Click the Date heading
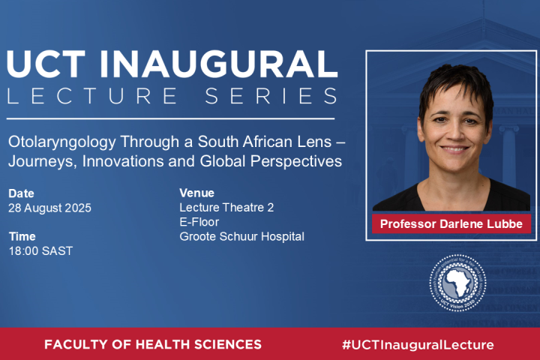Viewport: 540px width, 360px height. point(21,193)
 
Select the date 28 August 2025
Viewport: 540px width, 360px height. point(49,208)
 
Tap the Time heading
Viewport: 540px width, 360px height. point(22,236)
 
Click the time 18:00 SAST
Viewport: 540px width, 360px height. point(40,250)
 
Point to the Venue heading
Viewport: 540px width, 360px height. point(196,193)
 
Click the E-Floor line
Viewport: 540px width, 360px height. point(199,222)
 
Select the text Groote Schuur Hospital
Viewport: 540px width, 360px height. point(241,236)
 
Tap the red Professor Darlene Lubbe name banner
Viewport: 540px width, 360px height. point(451,223)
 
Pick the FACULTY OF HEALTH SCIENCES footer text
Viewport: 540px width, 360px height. point(153,344)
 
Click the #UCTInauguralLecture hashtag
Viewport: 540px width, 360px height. point(418,344)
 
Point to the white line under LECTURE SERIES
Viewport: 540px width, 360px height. point(171,118)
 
